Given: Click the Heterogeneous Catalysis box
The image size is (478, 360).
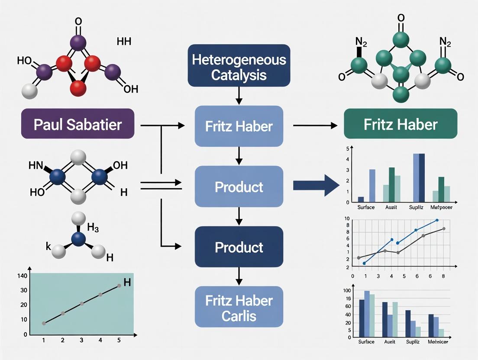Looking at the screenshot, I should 239,65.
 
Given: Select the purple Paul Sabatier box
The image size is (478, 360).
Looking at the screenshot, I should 78,124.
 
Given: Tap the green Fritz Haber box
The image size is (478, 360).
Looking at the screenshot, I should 400,124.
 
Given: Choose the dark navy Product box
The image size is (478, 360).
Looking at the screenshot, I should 239,247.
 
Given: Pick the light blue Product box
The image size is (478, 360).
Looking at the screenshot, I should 239,186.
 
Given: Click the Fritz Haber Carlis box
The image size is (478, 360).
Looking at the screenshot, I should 239,306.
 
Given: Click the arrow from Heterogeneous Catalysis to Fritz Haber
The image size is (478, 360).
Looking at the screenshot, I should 239,96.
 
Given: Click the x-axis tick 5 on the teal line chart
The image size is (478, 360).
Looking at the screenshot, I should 119,340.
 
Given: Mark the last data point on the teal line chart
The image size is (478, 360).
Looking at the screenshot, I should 119,286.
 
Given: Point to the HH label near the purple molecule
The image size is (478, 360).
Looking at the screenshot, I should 124,42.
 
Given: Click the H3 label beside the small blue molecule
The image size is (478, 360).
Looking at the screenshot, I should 94,227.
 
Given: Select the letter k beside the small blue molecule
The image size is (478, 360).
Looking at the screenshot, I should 48,247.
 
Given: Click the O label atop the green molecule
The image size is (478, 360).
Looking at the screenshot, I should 401,18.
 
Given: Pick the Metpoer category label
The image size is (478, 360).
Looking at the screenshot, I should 442,207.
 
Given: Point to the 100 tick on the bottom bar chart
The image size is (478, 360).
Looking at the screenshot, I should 347,290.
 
